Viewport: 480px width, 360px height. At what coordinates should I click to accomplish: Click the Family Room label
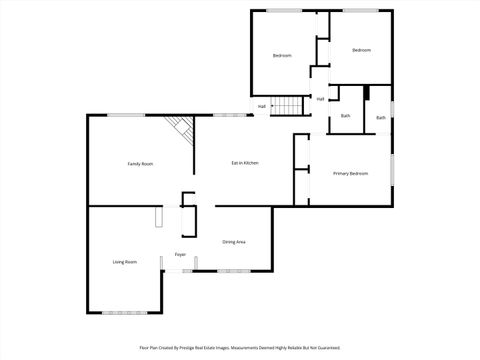coord(140,163)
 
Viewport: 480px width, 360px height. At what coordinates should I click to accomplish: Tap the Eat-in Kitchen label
coord(246,163)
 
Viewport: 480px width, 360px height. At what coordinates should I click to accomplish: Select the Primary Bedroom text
coord(350,173)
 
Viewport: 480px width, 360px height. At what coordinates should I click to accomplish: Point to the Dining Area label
coord(234,242)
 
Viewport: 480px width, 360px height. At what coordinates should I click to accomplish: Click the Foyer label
coord(180,255)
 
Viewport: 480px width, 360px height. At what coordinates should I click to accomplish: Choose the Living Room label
coord(124,262)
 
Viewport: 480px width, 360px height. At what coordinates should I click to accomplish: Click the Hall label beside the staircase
coord(262,106)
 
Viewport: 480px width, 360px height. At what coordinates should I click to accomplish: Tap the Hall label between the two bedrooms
coord(320,99)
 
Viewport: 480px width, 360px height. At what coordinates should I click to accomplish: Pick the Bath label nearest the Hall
coord(345,116)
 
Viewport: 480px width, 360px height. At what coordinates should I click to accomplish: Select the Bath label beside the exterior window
coord(381,118)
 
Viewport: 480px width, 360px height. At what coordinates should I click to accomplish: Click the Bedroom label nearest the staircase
coord(282,55)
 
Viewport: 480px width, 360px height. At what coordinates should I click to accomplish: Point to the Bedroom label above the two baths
coord(361,50)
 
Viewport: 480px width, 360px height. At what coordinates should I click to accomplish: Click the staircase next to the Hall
coord(289,105)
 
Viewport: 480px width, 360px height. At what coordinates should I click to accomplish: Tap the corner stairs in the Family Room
coord(180,127)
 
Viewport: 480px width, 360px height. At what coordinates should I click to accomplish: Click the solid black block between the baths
coord(368,93)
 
